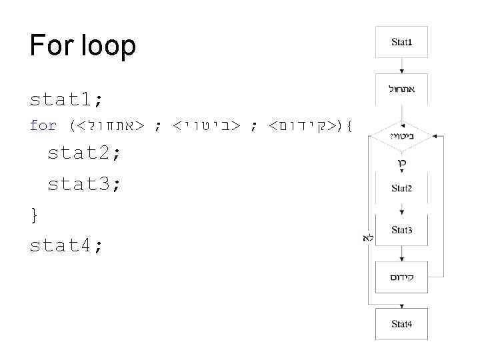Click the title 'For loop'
click(x=83, y=45)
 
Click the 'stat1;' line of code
click(x=66, y=100)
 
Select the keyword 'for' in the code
click(x=43, y=125)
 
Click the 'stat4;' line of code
click(x=66, y=245)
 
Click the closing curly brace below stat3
click(x=34, y=215)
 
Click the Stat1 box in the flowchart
click(x=401, y=43)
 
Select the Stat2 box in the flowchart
click(x=401, y=188)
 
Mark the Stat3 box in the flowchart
click(x=401, y=230)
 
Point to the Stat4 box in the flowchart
click(x=401, y=324)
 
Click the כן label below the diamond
click(x=402, y=163)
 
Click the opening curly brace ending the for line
click(x=350, y=125)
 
